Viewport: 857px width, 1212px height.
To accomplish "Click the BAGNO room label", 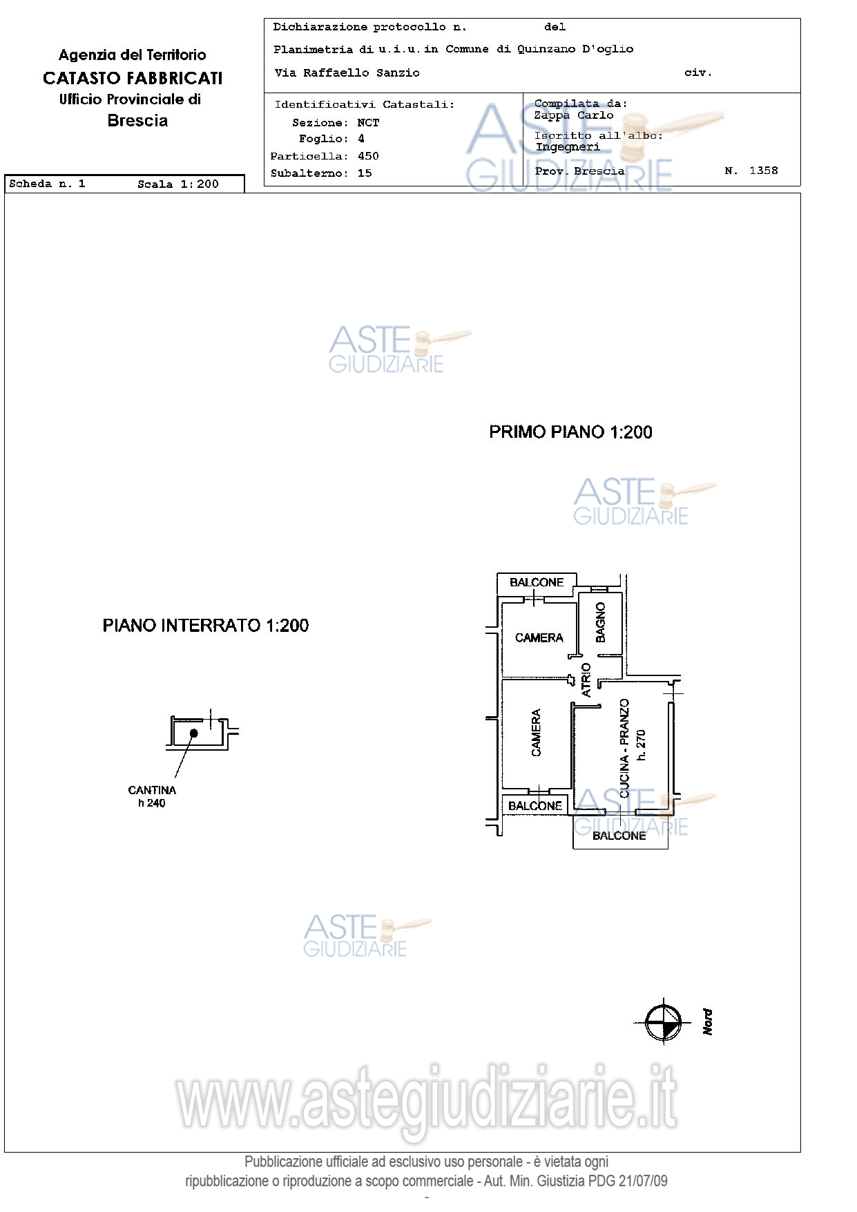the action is [x=600, y=622].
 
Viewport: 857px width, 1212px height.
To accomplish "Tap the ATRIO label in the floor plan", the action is [x=586, y=680].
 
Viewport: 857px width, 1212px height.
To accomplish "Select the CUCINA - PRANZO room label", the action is [x=624, y=749].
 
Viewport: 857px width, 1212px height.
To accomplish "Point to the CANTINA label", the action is [x=152, y=790].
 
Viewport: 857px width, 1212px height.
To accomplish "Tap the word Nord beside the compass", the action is [x=707, y=1021].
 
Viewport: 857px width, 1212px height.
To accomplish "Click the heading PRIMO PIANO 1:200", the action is [x=570, y=432].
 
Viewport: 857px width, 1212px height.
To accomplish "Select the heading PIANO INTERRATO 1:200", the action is [x=206, y=626].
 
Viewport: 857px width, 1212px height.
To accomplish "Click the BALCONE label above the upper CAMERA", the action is [x=537, y=582].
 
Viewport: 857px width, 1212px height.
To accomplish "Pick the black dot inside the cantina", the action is [x=194, y=733].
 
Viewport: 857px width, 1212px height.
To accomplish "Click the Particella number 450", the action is [x=368, y=156].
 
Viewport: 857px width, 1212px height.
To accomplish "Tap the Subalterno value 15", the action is [x=365, y=173].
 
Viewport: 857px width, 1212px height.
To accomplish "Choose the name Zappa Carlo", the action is [x=574, y=115].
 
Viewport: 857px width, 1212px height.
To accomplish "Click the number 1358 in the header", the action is [x=764, y=171].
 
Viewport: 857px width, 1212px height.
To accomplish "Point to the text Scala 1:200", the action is [x=178, y=184].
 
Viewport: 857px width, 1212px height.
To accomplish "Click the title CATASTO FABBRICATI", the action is [x=133, y=78].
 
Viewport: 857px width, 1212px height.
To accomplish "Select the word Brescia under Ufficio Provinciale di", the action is [x=137, y=121].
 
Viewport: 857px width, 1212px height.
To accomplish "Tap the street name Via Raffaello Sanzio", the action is [x=347, y=73].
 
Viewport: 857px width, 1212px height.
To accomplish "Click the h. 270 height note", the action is [x=641, y=745].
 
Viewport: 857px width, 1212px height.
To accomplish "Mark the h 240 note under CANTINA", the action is [x=152, y=803].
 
